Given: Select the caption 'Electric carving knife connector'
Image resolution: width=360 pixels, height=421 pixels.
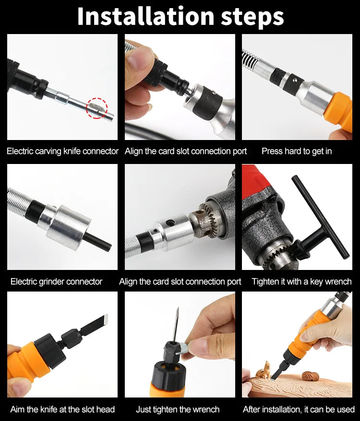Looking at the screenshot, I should (x=62, y=151).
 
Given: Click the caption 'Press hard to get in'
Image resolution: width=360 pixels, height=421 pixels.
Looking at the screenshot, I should (x=296, y=151).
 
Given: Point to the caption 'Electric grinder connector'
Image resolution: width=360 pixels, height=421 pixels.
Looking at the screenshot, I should (x=56, y=281).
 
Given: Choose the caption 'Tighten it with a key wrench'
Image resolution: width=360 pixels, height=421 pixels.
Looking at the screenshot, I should (x=301, y=281).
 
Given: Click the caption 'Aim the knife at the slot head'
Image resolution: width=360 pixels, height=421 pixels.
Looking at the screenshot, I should (x=62, y=409).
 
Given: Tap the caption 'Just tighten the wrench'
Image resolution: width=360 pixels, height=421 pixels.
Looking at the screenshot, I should (x=178, y=409).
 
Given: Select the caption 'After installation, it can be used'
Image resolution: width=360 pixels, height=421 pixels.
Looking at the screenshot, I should (x=299, y=409).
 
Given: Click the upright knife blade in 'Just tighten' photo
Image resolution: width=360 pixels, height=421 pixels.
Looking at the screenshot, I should (x=176, y=326).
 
